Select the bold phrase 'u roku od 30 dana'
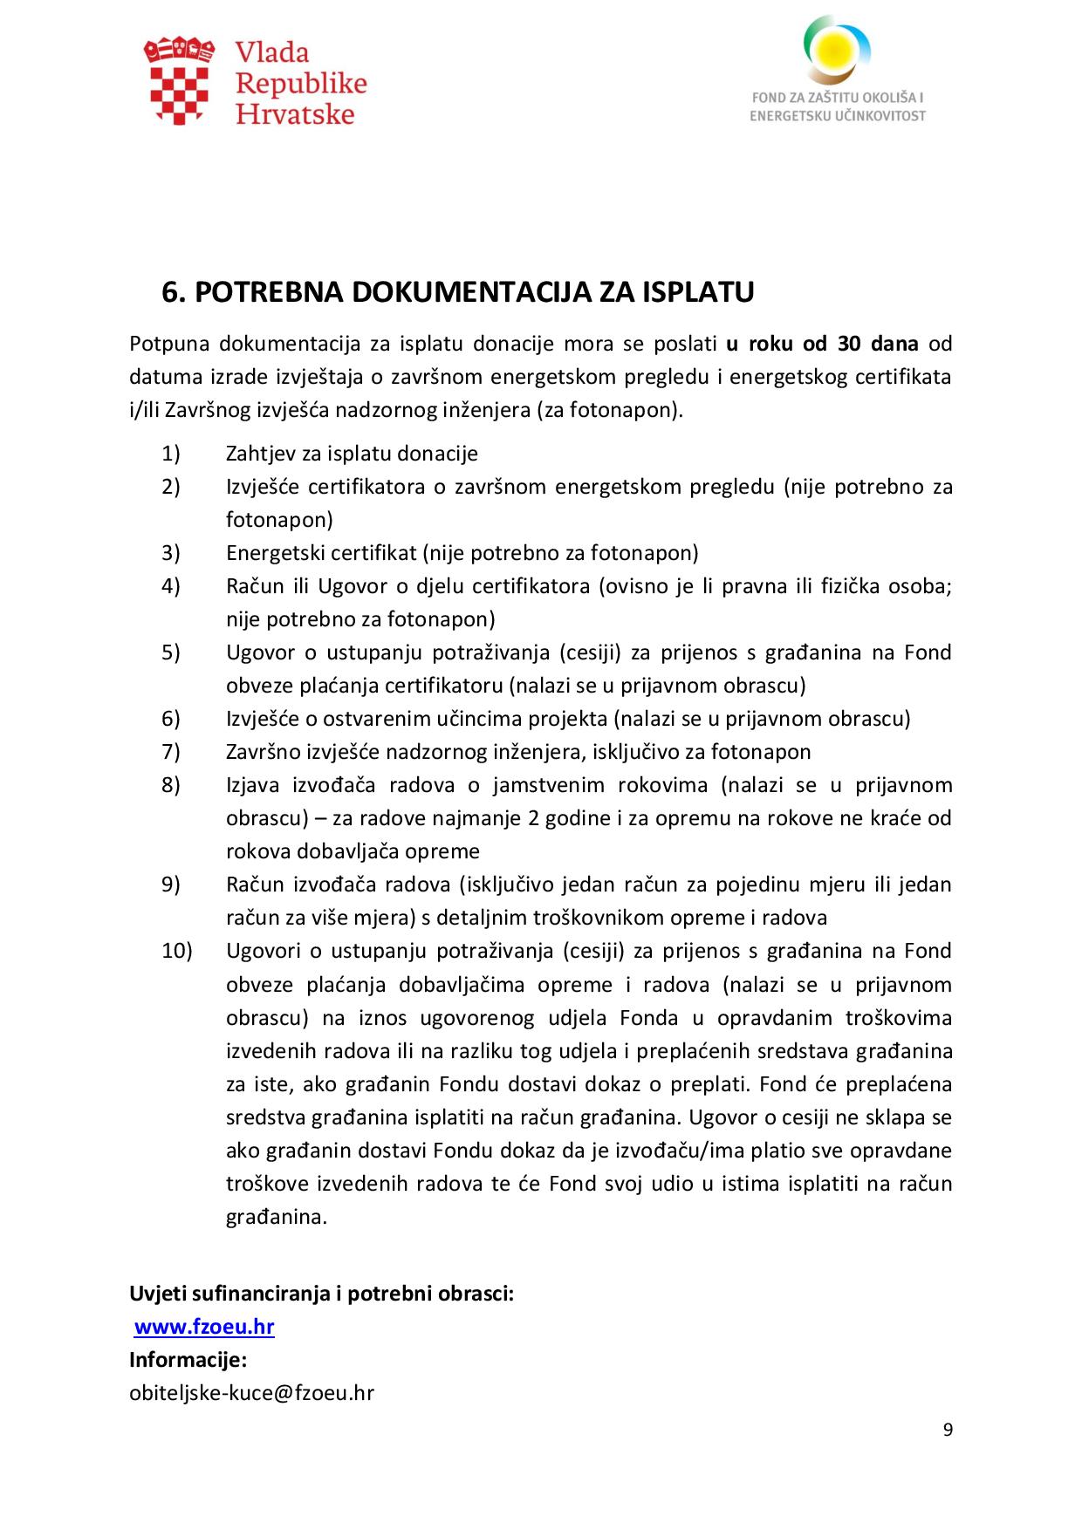tap(821, 343)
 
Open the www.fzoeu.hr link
tap(204, 1327)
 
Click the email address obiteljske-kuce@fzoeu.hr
tap(251, 1392)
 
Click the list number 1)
tap(170, 454)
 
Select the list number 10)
tap(176, 951)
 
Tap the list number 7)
tap(170, 752)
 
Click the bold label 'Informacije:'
tap(188, 1360)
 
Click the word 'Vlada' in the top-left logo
tap(271, 52)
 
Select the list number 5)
tap(170, 652)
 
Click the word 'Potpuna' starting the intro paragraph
tap(169, 343)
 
